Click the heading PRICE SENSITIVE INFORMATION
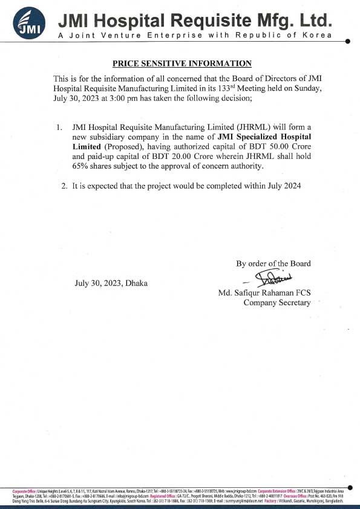182,63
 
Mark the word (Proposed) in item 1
121,146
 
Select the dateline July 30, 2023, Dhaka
111,283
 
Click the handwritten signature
272,278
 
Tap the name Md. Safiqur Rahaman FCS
264,293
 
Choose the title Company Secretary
277,303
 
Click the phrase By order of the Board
273,263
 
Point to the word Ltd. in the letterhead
315,21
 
